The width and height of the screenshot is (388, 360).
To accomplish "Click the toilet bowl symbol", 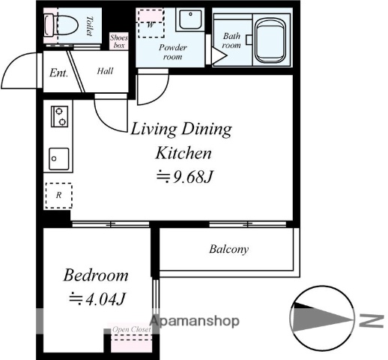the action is click(61, 25).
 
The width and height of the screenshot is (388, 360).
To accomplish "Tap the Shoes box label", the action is click(119, 41).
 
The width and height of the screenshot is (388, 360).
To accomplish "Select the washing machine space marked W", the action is click(151, 23).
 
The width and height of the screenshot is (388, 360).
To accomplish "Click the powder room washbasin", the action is click(190, 19).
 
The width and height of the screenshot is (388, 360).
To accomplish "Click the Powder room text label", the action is click(173, 52).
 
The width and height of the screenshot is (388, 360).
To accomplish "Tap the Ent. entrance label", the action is click(58, 73).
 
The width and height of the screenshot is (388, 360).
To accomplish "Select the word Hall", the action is click(105, 71).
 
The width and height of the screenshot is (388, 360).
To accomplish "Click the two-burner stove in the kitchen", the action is click(59, 116).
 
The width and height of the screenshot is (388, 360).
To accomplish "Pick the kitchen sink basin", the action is click(59, 159).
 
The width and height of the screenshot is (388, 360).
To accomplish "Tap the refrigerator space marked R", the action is click(58, 195).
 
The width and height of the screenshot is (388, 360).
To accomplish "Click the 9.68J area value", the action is click(184, 176).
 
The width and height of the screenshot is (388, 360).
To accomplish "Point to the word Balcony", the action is click(229, 249).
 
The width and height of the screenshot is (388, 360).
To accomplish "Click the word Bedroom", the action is click(96, 275).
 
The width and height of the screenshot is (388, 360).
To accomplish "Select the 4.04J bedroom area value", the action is click(97, 298).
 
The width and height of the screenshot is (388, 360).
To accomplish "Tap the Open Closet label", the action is click(132, 329).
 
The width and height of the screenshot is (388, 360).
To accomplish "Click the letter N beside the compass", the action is click(372, 320).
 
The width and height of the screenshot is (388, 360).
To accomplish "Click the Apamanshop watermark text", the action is click(195, 321).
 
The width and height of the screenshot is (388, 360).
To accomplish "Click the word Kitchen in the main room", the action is click(184, 153).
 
